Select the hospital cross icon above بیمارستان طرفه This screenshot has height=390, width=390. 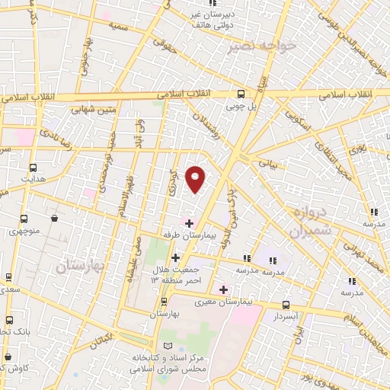click(190, 222)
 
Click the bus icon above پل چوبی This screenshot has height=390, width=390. click(241, 94)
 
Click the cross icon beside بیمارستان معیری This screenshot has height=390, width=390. click(222, 289)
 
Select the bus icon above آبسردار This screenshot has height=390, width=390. click(286, 303)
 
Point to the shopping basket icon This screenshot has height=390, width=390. click(56, 219)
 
